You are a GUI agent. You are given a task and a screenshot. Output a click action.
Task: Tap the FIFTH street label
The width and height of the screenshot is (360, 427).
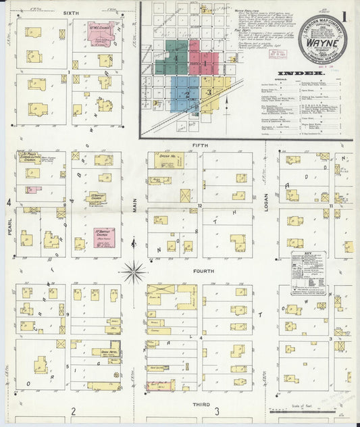(200, 145)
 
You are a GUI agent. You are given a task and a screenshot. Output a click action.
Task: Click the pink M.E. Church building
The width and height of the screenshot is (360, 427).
(101, 32)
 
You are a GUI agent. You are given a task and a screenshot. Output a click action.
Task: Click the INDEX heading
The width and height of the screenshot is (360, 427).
(294, 74)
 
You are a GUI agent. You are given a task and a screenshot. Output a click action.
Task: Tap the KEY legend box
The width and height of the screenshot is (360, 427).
(308, 273)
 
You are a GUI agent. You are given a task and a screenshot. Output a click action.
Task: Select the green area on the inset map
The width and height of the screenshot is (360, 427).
(172, 56)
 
